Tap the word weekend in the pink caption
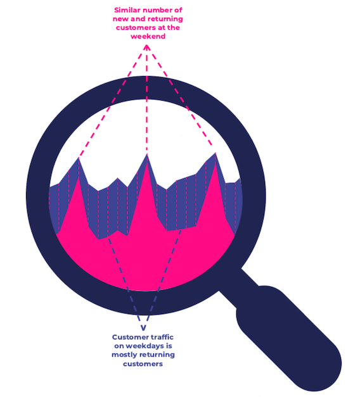click(x=148, y=36)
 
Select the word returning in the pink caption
click(x=165, y=19)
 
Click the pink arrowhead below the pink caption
click(x=147, y=47)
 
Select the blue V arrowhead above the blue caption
click(x=143, y=328)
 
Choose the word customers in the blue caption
click(x=143, y=364)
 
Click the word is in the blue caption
click(x=169, y=346)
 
